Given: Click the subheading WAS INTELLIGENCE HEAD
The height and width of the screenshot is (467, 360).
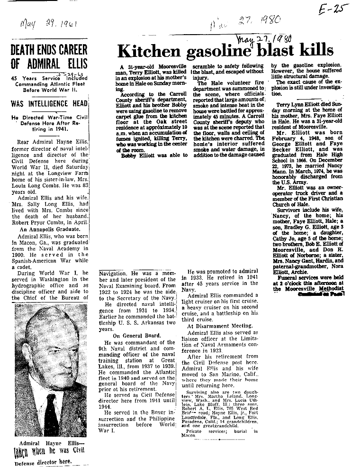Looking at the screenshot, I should (x=45, y=103).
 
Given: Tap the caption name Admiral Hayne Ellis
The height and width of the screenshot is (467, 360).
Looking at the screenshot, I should (x=48, y=443).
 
